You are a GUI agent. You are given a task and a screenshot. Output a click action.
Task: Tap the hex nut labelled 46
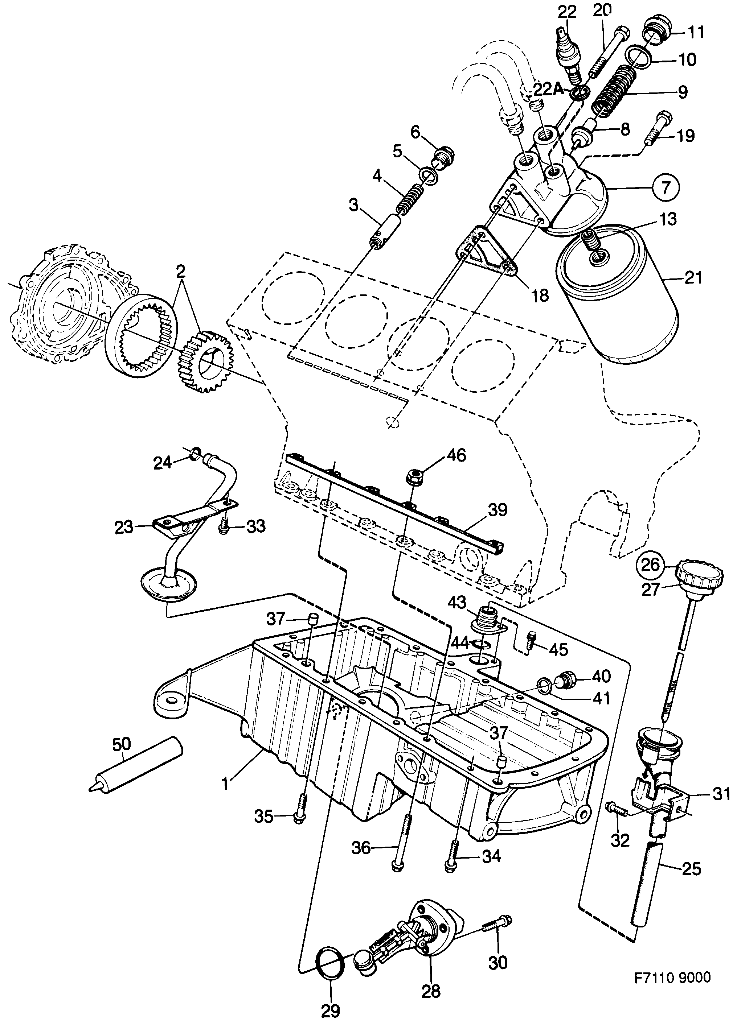tap(413, 475)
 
